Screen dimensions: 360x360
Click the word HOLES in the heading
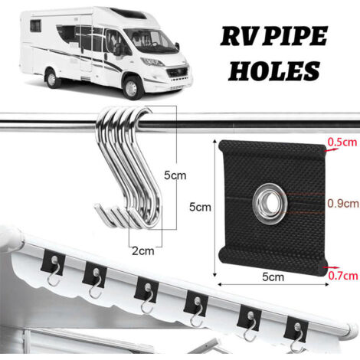273,70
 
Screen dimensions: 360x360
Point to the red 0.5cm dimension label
342,142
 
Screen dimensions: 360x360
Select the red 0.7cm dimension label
343,276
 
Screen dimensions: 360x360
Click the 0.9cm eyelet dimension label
343,203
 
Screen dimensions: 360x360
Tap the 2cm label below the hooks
143,251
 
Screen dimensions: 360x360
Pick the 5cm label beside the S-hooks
175,175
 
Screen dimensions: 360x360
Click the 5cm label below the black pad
273,277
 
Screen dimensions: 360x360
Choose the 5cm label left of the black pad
200,207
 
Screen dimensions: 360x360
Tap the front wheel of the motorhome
132,87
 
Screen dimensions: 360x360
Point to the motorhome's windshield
149,41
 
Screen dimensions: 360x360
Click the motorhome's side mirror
118,49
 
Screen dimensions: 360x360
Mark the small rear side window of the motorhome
36,26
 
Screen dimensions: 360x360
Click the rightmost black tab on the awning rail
296,329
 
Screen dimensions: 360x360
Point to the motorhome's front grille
178,72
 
